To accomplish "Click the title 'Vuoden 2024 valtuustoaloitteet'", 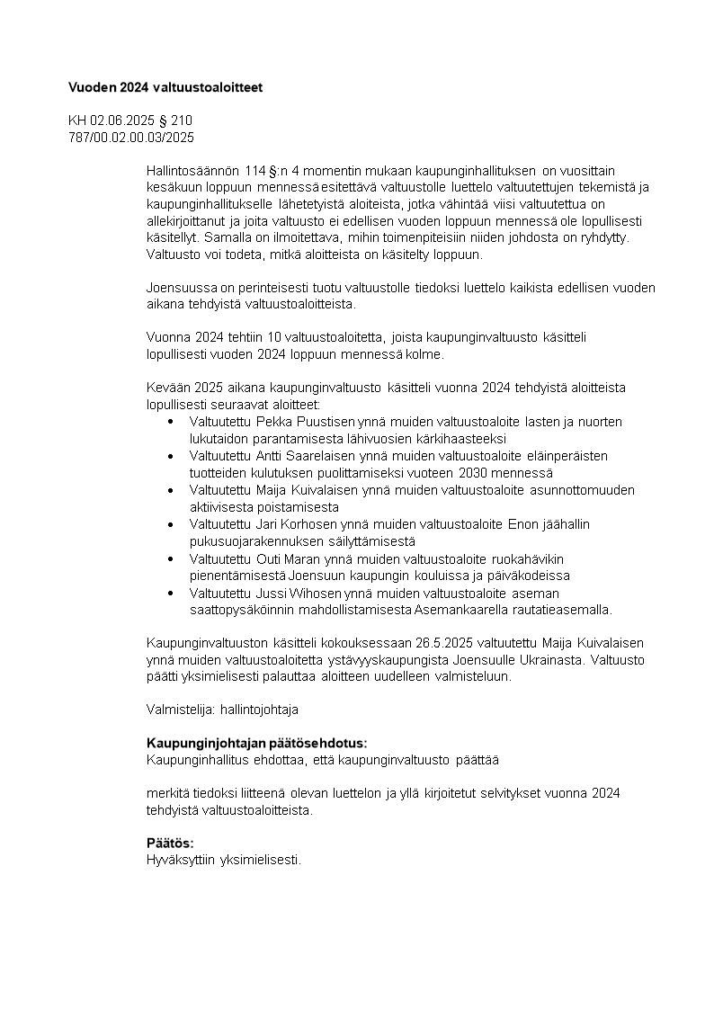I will click(x=165, y=87).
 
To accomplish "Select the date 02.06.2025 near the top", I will click(x=120, y=121).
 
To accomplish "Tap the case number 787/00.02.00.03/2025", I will click(x=131, y=138).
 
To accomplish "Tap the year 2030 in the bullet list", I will click(x=473, y=473).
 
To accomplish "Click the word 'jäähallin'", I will click(x=564, y=524).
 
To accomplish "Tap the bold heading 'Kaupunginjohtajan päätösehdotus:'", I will click(x=256, y=744).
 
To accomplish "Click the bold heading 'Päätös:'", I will click(x=170, y=843).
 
